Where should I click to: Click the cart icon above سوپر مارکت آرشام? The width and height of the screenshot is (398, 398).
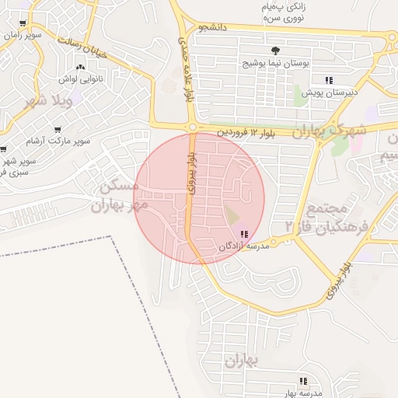tap(57, 130)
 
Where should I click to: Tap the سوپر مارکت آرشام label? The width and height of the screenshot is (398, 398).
tap(58, 141)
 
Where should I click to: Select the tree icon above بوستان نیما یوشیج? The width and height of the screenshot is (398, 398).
tap(274, 51)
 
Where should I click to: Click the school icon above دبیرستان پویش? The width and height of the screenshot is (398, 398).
tap(329, 80)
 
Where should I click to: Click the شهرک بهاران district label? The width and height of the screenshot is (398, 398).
tap(330, 130)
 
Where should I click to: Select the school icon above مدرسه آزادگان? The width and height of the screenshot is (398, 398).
tap(244, 234)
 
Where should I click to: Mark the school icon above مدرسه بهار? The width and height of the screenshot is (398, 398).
tap(303, 381)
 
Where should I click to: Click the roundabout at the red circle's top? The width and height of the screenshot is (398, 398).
tap(192, 127)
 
